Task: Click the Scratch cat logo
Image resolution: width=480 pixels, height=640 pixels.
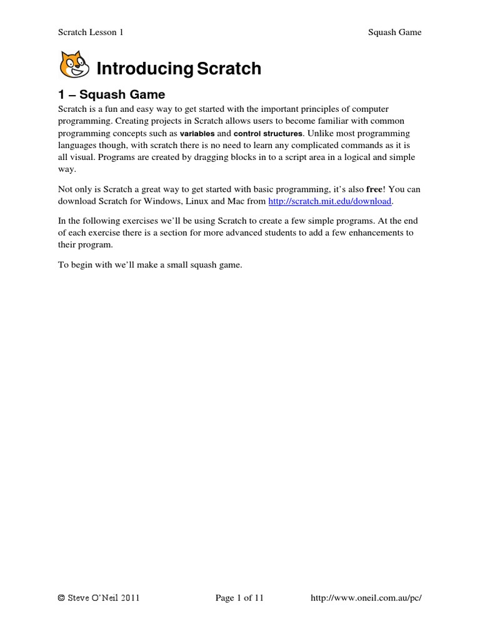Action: tap(74, 65)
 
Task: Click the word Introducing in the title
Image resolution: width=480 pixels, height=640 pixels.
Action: tap(144, 69)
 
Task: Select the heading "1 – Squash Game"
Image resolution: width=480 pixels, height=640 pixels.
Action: tap(111, 94)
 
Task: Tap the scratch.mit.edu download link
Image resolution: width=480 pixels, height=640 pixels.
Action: tap(329, 201)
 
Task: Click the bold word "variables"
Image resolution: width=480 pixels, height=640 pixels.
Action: tap(197, 134)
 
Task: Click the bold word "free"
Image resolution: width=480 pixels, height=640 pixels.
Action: tap(374, 189)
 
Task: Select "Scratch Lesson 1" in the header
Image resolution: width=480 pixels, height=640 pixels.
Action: tap(91, 32)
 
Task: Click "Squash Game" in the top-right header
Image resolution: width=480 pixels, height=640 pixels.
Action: tap(395, 32)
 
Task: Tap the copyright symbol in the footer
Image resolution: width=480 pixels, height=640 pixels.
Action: tap(61, 598)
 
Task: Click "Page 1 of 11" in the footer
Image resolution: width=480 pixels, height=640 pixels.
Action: tap(239, 598)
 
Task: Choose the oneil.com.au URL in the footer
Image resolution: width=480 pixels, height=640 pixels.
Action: tap(366, 598)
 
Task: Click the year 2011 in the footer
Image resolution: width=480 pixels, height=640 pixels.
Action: tap(127, 598)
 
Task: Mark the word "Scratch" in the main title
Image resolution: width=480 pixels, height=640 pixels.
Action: tap(229, 69)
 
